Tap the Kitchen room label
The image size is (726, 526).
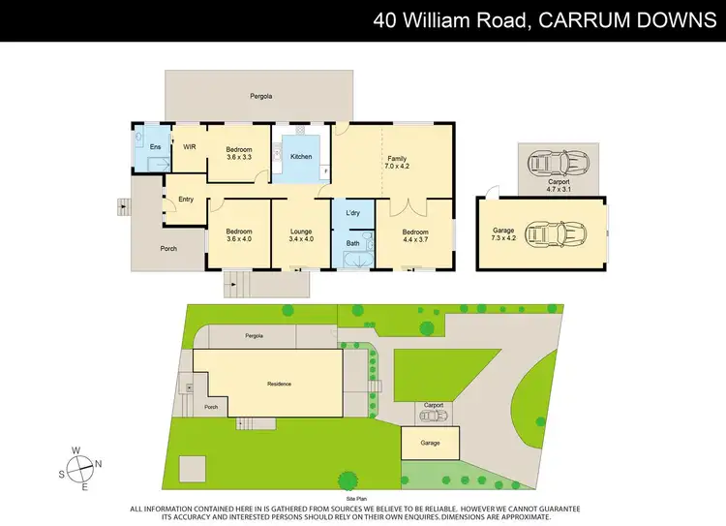(x=301, y=156)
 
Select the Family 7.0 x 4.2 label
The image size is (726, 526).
(x=397, y=162)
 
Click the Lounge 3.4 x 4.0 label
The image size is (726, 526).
(x=301, y=235)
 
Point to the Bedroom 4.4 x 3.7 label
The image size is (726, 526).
(x=413, y=235)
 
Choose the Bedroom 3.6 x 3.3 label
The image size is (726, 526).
(x=239, y=152)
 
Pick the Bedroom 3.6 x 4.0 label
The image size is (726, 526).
(x=239, y=235)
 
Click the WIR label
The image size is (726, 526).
(x=190, y=146)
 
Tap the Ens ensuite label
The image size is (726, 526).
(x=155, y=146)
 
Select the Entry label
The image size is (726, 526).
(x=186, y=200)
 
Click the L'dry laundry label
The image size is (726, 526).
(x=352, y=212)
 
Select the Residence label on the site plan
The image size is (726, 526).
(x=279, y=385)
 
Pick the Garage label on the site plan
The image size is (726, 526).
(x=430, y=443)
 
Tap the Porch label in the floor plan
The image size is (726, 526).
(x=168, y=248)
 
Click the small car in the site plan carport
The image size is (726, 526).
(x=432, y=415)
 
